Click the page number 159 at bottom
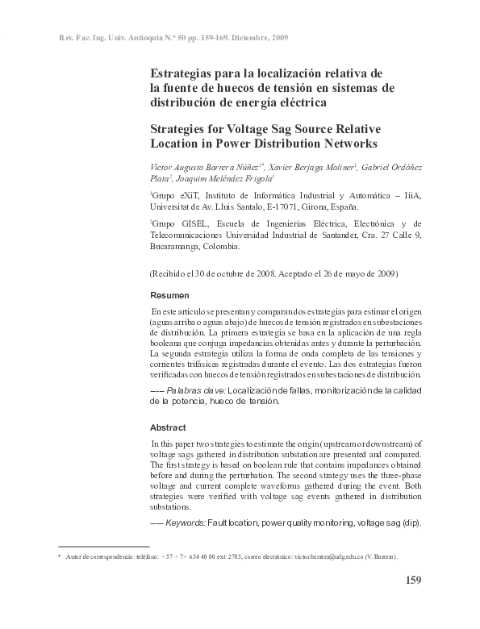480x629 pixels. coord(411,579)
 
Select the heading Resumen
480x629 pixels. coord(170,296)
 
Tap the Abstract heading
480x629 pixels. coord(168,427)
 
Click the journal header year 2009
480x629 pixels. coord(277,39)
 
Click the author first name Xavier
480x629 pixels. coord(284,165)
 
